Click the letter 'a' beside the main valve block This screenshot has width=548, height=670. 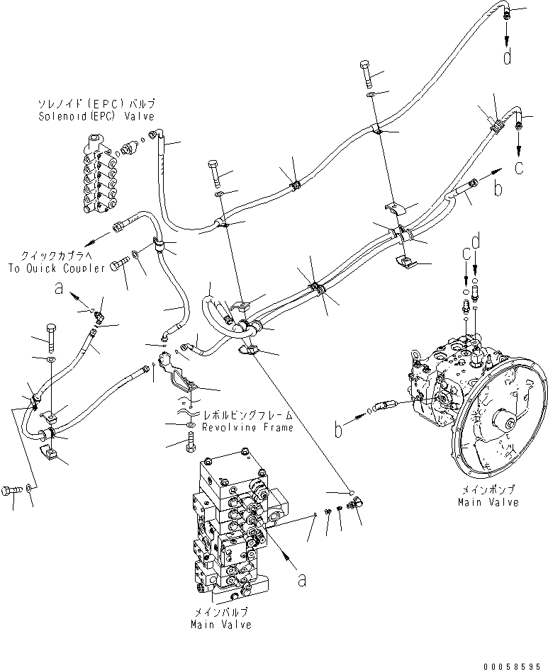pos(302,580)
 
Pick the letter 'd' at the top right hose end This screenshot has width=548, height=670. pos(508,57)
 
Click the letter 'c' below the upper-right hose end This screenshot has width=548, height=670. pos(520,167)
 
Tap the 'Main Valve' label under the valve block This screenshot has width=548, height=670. pos(220,625)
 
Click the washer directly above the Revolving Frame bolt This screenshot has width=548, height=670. pos(191,424)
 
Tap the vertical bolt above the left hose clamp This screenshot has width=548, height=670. pos(51,337)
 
